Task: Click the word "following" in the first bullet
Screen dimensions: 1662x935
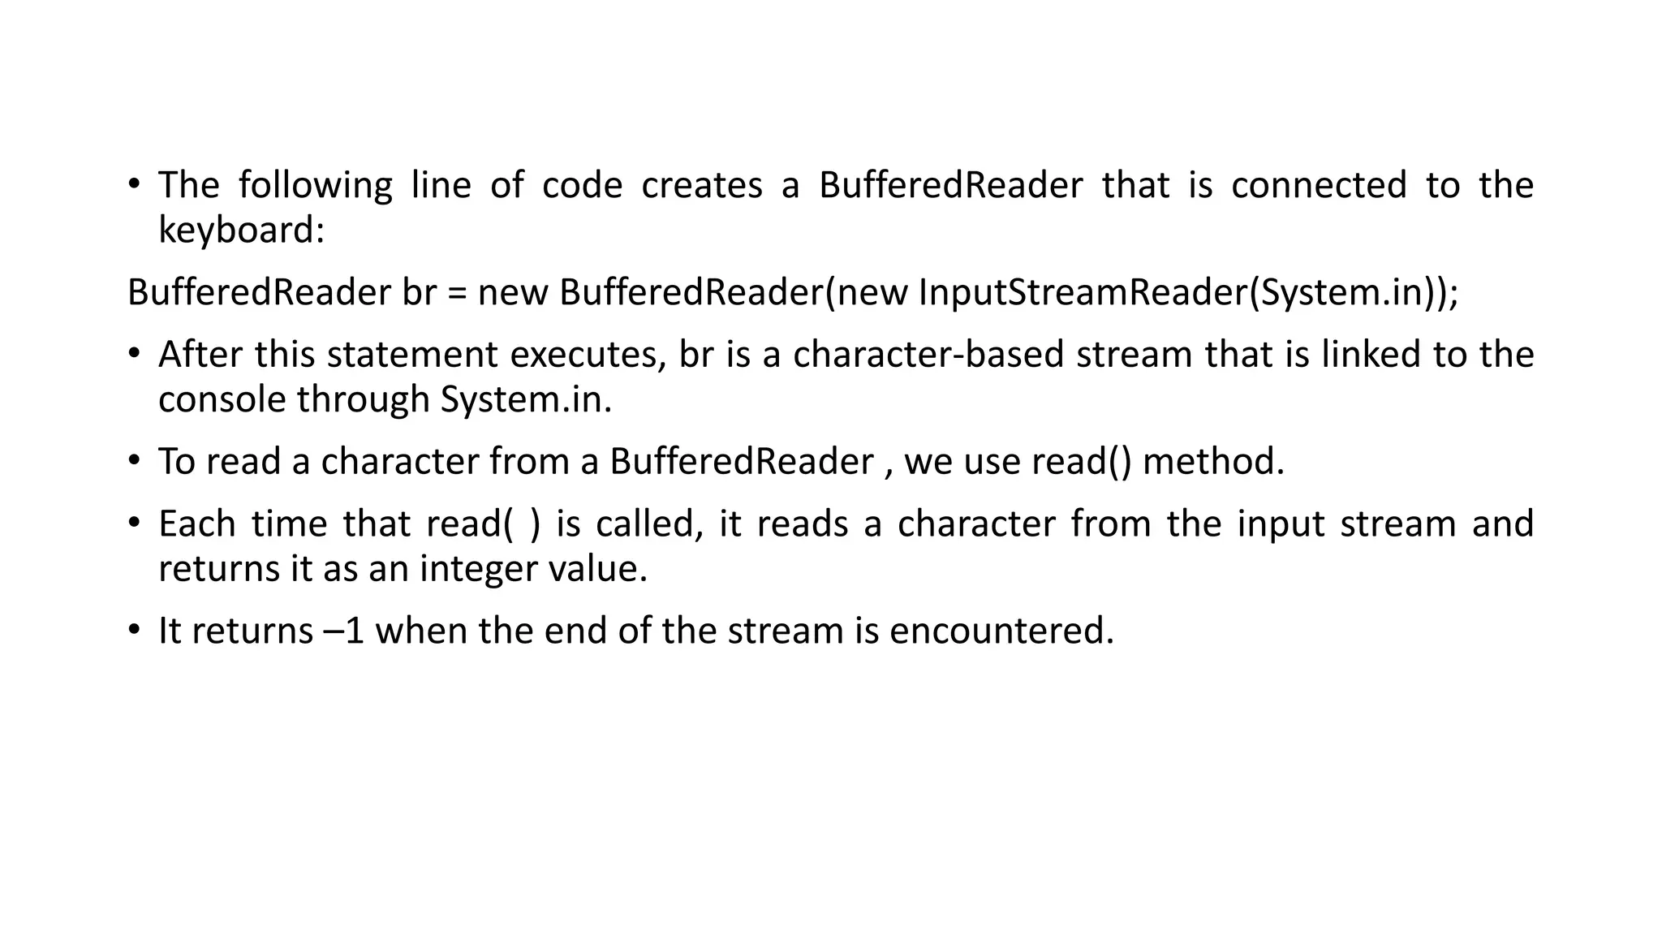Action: pyautogui.click(x=315, y=185)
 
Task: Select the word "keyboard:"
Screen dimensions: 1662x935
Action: pyautogui.click(x=241, y=230)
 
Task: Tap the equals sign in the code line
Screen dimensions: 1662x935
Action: pyautogui.click(x=457, y=292)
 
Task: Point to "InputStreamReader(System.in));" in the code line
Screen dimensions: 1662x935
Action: pyautogui.click(x=1188, y=292)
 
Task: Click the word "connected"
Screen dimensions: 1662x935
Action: pyautogui.click(x=1319, y=185)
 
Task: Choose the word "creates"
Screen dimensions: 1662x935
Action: pyautogui.click(x=702, y=185)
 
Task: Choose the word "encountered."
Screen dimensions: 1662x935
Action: pyautogui.click(x=1001, y=631)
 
